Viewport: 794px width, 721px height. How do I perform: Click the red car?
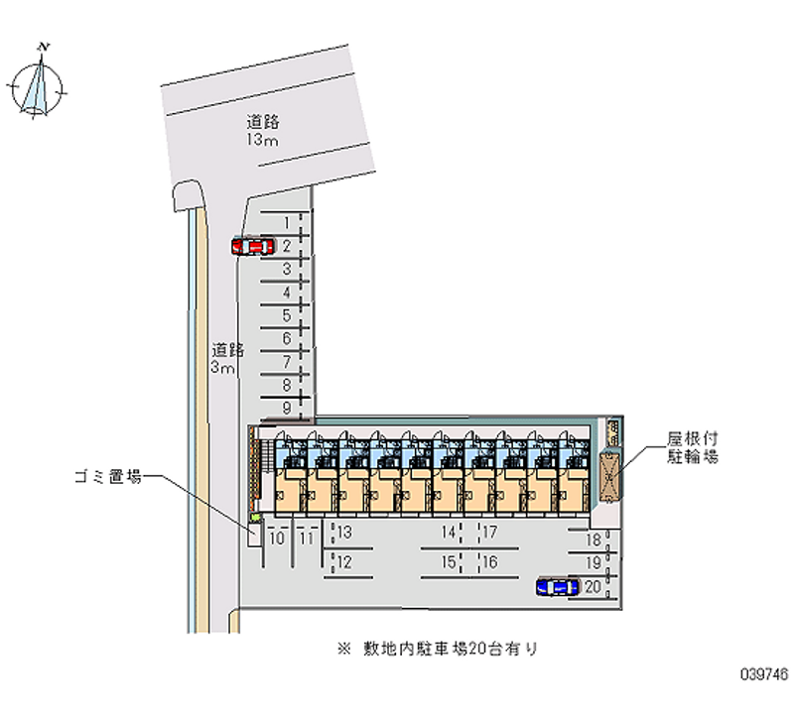click(x=252, y=246)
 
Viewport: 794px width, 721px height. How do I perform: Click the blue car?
click(x=557, y=587)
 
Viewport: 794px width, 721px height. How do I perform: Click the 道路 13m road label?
click(x=263, y=130)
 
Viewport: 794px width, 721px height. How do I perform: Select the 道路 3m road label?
click(x=225, y=359)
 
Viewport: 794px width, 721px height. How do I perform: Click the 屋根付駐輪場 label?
click(x=692, y=447)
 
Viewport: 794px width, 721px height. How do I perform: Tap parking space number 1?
click(x=286, y=222)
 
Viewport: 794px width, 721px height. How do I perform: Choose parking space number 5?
click(x=286, y=316)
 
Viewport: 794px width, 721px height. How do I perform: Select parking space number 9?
click(x=286, y=408)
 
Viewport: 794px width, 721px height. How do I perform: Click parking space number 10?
click(x=277, y=539)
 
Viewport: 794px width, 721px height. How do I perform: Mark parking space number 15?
click(x=450, y=562)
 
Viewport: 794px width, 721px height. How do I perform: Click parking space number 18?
click(x=594, y=541)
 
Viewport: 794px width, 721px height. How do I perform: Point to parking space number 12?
click(x=344, y=562)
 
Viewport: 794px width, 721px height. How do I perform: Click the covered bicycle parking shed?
click(x=609, y=474)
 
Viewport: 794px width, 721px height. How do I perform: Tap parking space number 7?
click(x=286, y=362)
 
